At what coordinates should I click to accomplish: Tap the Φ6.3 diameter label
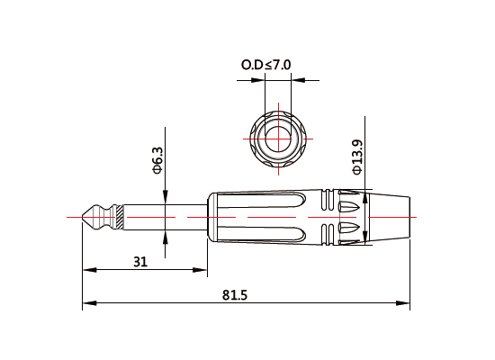[157, 160]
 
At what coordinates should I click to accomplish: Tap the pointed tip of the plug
[85, 217]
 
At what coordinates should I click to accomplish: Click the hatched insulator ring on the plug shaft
[114, 217]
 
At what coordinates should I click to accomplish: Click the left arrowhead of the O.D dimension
[262, 79]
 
